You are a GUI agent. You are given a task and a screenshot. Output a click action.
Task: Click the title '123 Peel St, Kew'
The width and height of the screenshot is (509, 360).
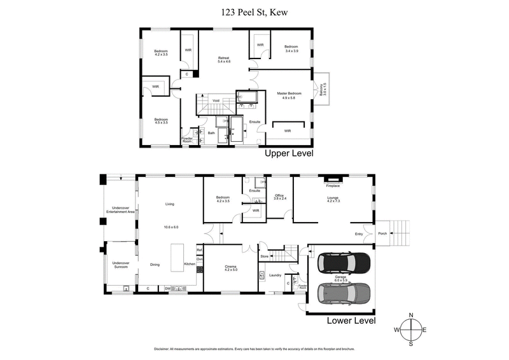click(x=254, y=10)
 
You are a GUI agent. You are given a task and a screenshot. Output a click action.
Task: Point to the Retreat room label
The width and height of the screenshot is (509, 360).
click(x=223, y=59)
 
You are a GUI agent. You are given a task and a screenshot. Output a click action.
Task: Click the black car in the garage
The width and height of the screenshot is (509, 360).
click(x=344, y=262)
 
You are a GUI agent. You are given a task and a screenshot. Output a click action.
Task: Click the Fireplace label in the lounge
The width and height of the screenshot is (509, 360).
click(x=333, y=186)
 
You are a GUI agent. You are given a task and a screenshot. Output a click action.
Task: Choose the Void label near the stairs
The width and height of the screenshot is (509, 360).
click(x=216, y=100)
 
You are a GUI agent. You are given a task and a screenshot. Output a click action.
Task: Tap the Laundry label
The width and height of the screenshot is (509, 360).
click(x=275, y=275)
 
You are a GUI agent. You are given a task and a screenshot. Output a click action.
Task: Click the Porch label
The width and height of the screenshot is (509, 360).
click(x=382, y=233)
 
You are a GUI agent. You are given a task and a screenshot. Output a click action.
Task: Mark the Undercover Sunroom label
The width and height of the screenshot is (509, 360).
click(x=120, y=265)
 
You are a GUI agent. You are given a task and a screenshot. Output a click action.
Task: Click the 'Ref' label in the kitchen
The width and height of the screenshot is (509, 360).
click(x=199, y=250)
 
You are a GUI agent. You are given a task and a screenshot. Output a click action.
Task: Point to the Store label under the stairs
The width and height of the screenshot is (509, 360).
click(x=265, y=256)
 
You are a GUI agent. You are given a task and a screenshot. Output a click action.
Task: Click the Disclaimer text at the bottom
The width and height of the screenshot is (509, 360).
click(x=254, y=349)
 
